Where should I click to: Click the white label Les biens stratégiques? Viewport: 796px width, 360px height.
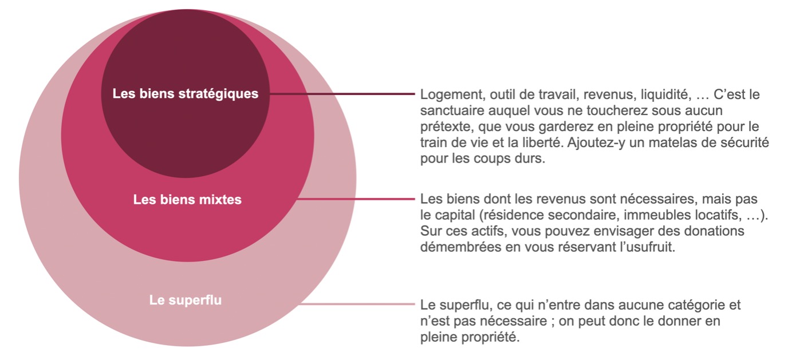185,94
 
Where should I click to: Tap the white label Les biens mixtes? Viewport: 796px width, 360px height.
187,200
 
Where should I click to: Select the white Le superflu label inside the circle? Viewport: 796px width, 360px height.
185,300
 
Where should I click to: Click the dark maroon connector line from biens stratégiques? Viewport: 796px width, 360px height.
342,94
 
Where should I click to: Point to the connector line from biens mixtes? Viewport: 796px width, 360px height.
356,199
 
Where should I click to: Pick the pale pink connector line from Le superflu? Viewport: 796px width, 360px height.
356,304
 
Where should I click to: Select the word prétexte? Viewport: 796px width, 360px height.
447,126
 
